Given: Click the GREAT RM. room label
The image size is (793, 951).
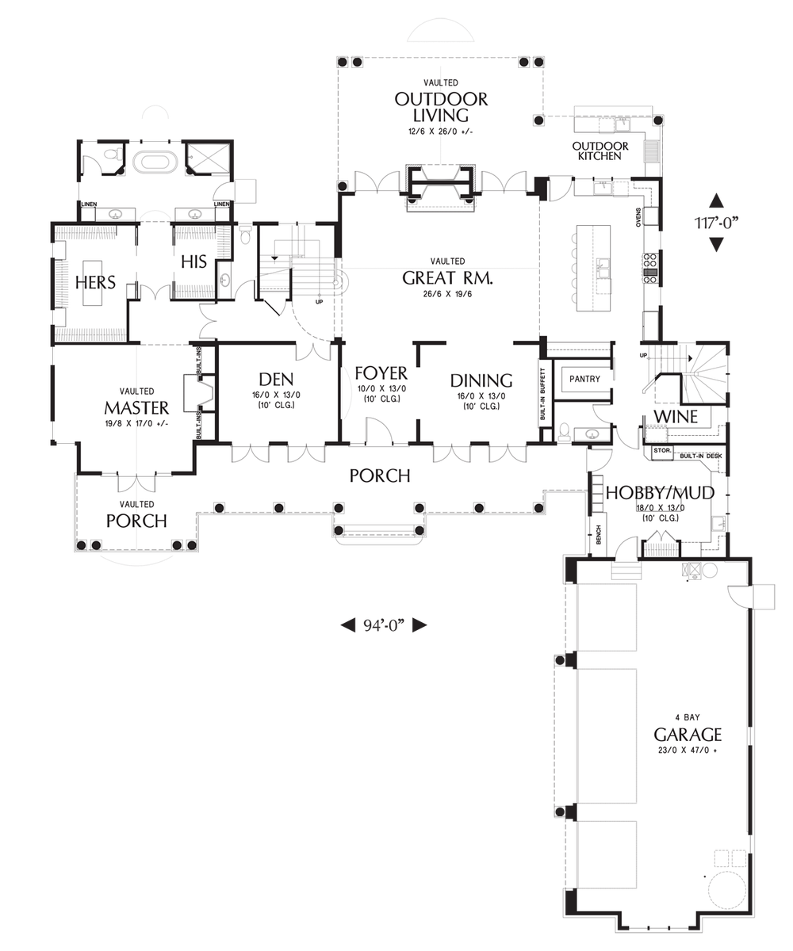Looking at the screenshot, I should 448,278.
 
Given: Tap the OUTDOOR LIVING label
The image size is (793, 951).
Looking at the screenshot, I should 441,108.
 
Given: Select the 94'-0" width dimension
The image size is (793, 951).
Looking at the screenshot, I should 385,625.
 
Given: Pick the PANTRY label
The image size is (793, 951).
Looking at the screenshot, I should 585,379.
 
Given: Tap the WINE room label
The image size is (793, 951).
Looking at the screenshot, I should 676,417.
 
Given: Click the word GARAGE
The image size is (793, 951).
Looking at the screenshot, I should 688,733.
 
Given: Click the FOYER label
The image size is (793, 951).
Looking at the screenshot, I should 381,373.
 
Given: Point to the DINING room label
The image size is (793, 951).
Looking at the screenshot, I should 481,380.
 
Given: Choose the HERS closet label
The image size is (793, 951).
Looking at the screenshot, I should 96,282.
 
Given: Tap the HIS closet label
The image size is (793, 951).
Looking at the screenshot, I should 193,262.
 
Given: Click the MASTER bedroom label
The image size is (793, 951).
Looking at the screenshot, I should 136,407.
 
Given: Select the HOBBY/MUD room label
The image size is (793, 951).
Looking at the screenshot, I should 660,493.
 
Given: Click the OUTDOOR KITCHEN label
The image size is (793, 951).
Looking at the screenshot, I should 600,151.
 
